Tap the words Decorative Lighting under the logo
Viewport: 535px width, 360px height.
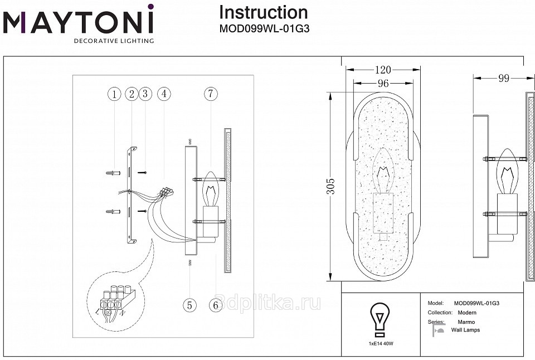coord(114,41)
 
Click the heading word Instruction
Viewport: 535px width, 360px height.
coord(263,12)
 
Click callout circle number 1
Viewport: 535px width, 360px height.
coord(114,94)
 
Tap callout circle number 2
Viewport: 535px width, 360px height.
coord(132,94)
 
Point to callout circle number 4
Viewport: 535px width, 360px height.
coord(163,94)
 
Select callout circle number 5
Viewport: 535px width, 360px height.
coord(190,305)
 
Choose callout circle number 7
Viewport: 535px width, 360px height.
coord(210,94)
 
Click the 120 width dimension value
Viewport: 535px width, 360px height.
coord(383,70)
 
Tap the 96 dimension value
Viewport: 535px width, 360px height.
coord(383,84)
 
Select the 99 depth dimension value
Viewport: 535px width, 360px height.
coord(504,79)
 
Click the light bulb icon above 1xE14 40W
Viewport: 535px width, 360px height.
coord(380,319)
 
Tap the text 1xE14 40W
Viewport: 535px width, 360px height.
coord(380,344)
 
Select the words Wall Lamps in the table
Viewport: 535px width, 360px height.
coord(465,330)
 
